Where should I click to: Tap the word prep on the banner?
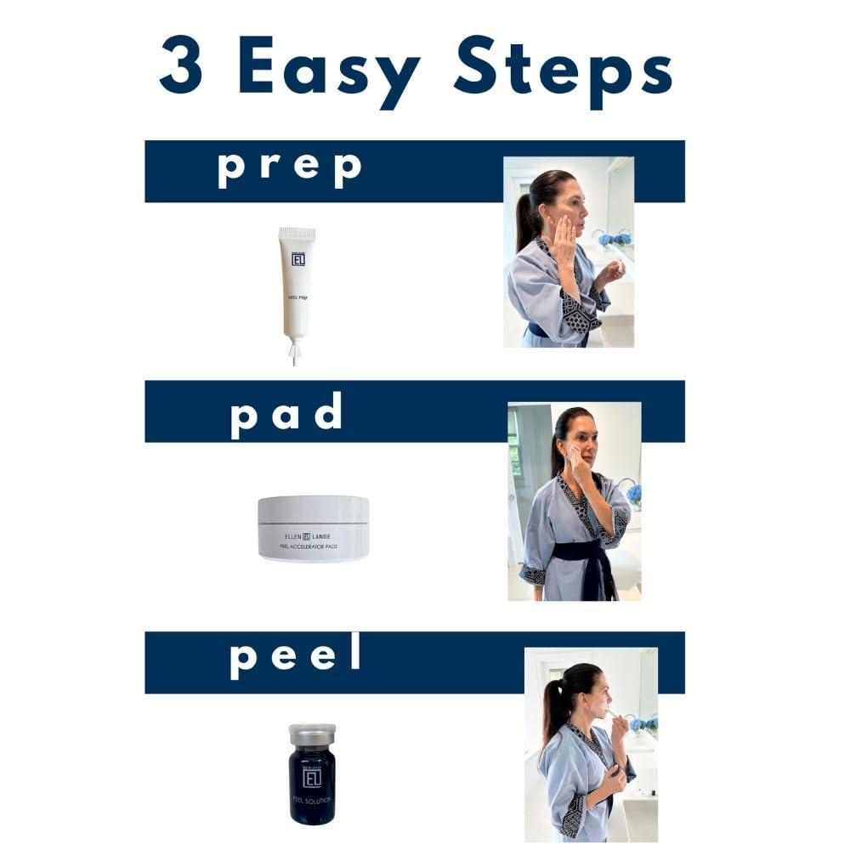click(290, 167)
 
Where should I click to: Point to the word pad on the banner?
click(286, 411)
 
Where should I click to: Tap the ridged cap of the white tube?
click(297, 233)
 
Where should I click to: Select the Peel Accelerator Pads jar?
click(313, 528)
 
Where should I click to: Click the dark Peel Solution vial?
click(311, 782)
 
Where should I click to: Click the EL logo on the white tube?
click(297, 258)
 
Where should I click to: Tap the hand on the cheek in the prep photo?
click(563, 231)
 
